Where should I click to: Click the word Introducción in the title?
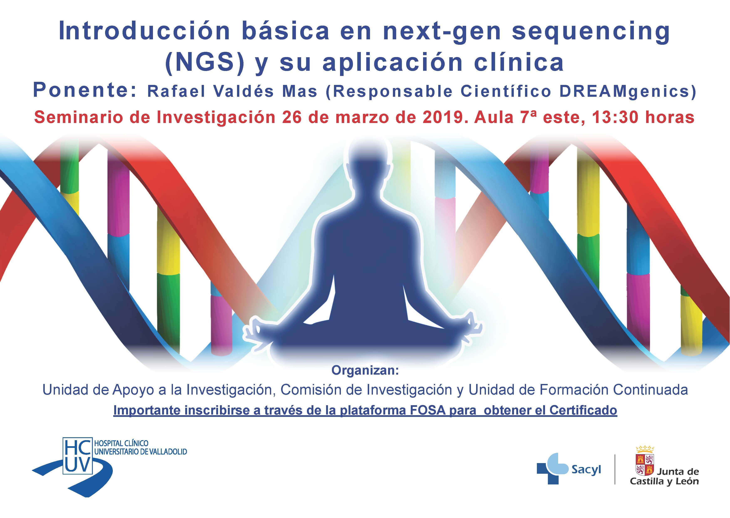[144, 31]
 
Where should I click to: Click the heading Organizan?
[365, 371]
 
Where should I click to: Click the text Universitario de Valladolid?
[141, 452]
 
